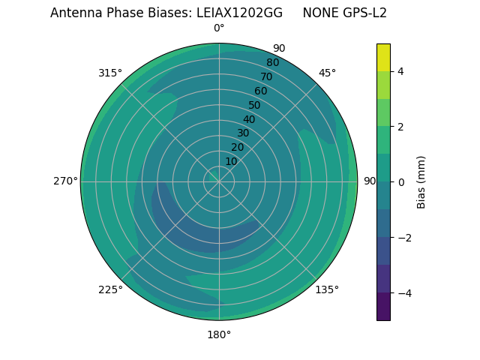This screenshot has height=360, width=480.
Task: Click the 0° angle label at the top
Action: (219, 28)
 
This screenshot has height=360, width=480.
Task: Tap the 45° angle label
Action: (327, 73)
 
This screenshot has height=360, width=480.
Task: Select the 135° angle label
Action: (327, 289)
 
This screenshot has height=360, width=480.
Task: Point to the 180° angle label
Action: (219, 334)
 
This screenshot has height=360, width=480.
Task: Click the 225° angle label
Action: (110, 289)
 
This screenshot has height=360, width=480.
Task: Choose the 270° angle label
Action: (65, 181)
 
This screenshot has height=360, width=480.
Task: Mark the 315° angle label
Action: (110, 73)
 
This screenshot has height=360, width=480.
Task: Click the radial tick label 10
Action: (231, 161)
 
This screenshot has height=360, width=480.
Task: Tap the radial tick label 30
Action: (243, 133)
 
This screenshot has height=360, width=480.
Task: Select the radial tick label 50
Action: (255, 105)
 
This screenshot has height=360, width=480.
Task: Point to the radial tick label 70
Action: (266, 76)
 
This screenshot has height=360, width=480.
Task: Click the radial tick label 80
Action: (272, 63)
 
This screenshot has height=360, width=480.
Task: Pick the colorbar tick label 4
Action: (401, 71)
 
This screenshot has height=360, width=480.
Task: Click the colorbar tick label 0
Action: (401, 181)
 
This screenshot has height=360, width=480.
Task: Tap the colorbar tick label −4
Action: (404, 292)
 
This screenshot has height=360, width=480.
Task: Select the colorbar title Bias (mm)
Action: (421, 181)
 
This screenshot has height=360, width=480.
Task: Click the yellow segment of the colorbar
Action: (383, 57)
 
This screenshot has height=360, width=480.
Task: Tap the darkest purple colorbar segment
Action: (383, 307)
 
